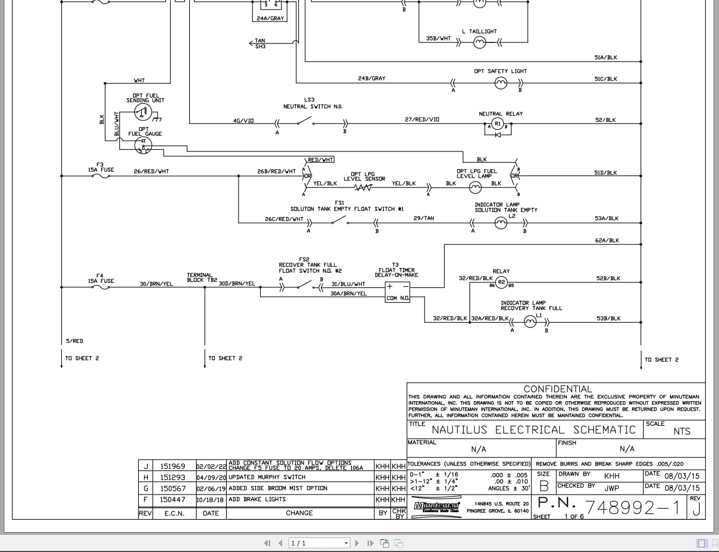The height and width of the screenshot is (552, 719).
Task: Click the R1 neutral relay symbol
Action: click(x=498, y=124)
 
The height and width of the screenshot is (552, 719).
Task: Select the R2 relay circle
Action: click(x=501, y=282)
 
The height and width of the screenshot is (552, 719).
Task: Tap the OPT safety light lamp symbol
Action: click(x=500, y=83)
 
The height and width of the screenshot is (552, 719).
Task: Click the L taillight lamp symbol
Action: click(x=479, y=43)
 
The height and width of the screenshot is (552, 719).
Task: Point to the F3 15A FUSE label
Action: click(x=101, y=168)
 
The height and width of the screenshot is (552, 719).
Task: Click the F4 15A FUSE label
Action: click(x=101, y=279)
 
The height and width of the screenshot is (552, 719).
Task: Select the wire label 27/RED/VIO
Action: click(x=422, y=120)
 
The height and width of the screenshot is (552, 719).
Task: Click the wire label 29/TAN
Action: click(x=423, y=219)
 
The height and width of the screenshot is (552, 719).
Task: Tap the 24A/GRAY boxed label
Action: click(x=270, y=18)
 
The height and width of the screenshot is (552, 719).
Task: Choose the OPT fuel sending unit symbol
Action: click(x=143, y=112)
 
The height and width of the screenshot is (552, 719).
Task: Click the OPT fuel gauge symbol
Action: click(x=143, y=145)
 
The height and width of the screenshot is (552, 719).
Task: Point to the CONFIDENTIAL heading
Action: click(x=557, y=389)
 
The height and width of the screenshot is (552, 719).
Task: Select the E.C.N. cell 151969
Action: click(x=172, y=467)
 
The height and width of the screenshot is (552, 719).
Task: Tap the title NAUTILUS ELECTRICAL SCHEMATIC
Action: click(x=534, y=430)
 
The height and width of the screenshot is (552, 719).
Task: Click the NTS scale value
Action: click(x=681, y=432)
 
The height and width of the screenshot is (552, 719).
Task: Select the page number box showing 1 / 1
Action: click(x=319, y=543)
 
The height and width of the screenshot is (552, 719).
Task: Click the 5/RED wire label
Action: click(x=75, y=342)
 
